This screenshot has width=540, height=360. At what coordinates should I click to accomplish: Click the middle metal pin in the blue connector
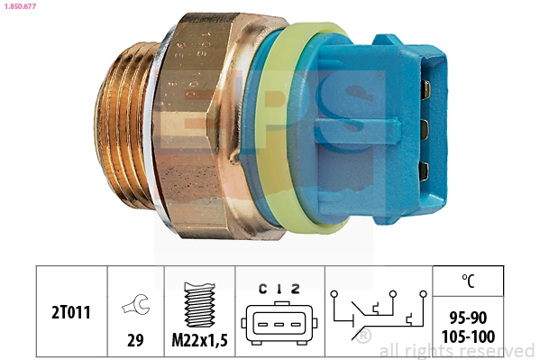tap(424, 127)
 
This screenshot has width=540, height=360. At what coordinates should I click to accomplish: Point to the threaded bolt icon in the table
tap(199, 301)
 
